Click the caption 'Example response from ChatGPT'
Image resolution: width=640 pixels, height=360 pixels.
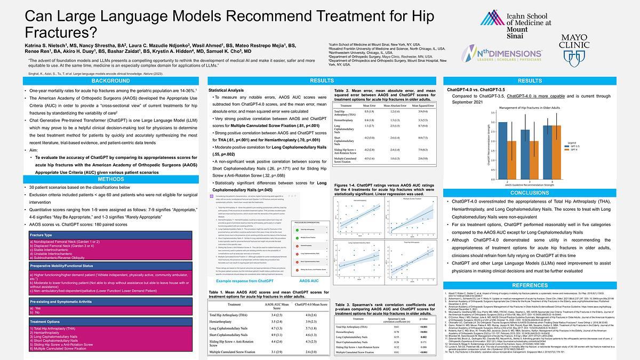coord(245,281)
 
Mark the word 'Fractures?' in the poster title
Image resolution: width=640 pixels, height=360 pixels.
coord(60,31)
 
